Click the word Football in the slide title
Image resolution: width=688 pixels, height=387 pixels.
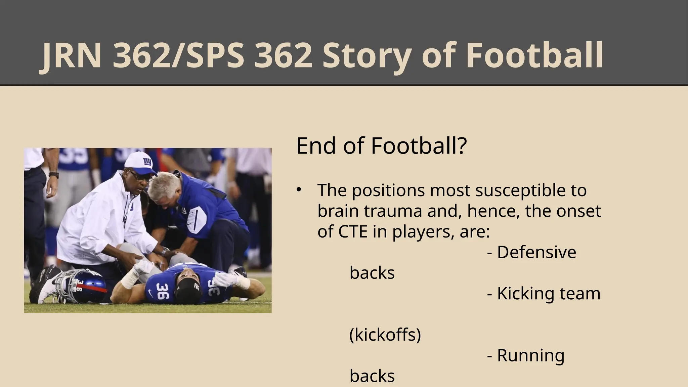(534, 55)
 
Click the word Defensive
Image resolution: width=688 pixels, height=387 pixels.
(536, 252)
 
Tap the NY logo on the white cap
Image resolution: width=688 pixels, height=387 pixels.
(147, 162)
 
